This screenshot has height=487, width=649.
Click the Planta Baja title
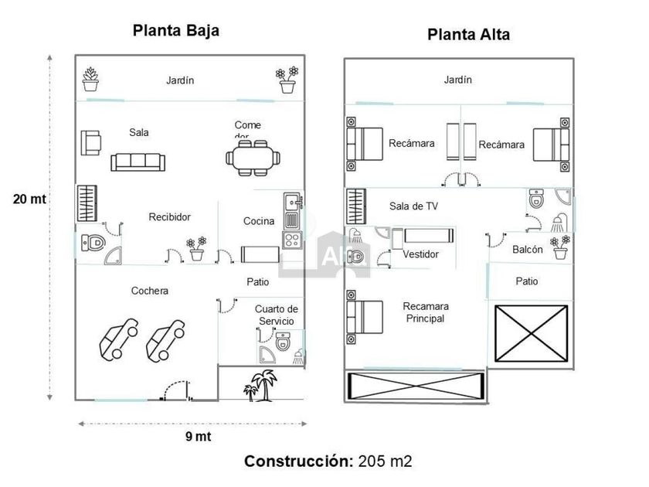tap(176, 31)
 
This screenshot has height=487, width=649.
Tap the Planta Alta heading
tap(468, 35)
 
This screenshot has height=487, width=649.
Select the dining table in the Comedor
tap(253, 158)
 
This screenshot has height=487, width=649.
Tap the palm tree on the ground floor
tap(263, 384)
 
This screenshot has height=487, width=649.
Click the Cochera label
tap(149, 291)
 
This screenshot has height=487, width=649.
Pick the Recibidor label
tap(169, 217)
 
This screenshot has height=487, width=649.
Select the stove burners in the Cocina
tap(291, 240)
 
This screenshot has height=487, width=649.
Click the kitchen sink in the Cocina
tap(291, 203)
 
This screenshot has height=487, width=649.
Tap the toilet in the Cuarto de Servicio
tap(282, 339)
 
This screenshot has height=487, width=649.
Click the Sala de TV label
tap(413, 206)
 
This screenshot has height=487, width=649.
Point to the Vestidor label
tap(421, 254)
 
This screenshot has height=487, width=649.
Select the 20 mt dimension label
tap(29, 199)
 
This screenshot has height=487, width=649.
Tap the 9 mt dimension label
tap(198, 436)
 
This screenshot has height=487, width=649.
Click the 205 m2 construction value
tap(385, 461)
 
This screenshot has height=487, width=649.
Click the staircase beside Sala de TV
tap(355, 206)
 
